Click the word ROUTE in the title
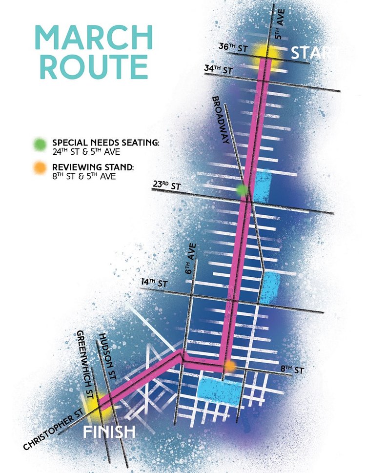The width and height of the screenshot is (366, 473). [x=94, y=67]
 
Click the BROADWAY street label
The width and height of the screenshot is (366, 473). [x=221, y=120]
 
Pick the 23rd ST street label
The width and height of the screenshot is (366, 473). [x=166, y=186]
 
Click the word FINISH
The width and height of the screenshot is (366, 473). [x=108, y=431]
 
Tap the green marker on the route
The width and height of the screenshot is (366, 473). [x=242, y=190]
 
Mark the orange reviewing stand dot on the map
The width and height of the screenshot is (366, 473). [x=230, y=365]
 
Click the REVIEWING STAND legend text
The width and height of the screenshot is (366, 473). [x=93, y=168]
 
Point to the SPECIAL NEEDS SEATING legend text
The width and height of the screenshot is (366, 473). [x=106, y=143]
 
